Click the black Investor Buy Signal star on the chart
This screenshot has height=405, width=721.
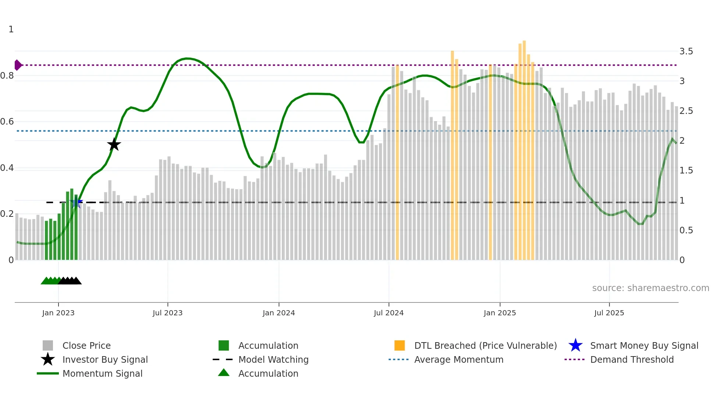(x=114, y=144)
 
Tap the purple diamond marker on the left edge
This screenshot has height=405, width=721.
(x=18, y=65)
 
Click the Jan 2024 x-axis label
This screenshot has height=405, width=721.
(x=278, y=313)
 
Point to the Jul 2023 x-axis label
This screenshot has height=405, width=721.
(x=167, y=313)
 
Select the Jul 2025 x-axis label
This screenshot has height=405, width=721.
(x=609, y=313)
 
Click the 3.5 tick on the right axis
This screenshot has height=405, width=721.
(x=686, y=51)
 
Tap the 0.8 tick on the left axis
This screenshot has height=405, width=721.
(x=7, y=76)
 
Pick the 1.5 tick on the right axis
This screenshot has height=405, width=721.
(x=686, y=171)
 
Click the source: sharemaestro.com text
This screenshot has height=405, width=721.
(x=650, y=288)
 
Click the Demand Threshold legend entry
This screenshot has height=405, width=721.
(x=632, y=359)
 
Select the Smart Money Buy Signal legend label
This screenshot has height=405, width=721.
(x=644, y=345)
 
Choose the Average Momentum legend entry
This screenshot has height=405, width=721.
(x=458, y=359)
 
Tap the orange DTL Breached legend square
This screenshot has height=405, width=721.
(x=399, y=345)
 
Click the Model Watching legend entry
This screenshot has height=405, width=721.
(x=273, y=359)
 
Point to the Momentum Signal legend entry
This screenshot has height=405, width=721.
(x=102, y=373)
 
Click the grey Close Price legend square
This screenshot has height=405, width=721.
(x=48, y=345)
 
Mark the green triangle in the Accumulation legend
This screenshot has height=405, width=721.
(x=224, y=373)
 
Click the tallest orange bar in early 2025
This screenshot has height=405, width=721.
(x=524, y=147)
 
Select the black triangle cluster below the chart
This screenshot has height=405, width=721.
(x=70, y=281)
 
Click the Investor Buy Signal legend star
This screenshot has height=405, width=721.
(x=48, y=359)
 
